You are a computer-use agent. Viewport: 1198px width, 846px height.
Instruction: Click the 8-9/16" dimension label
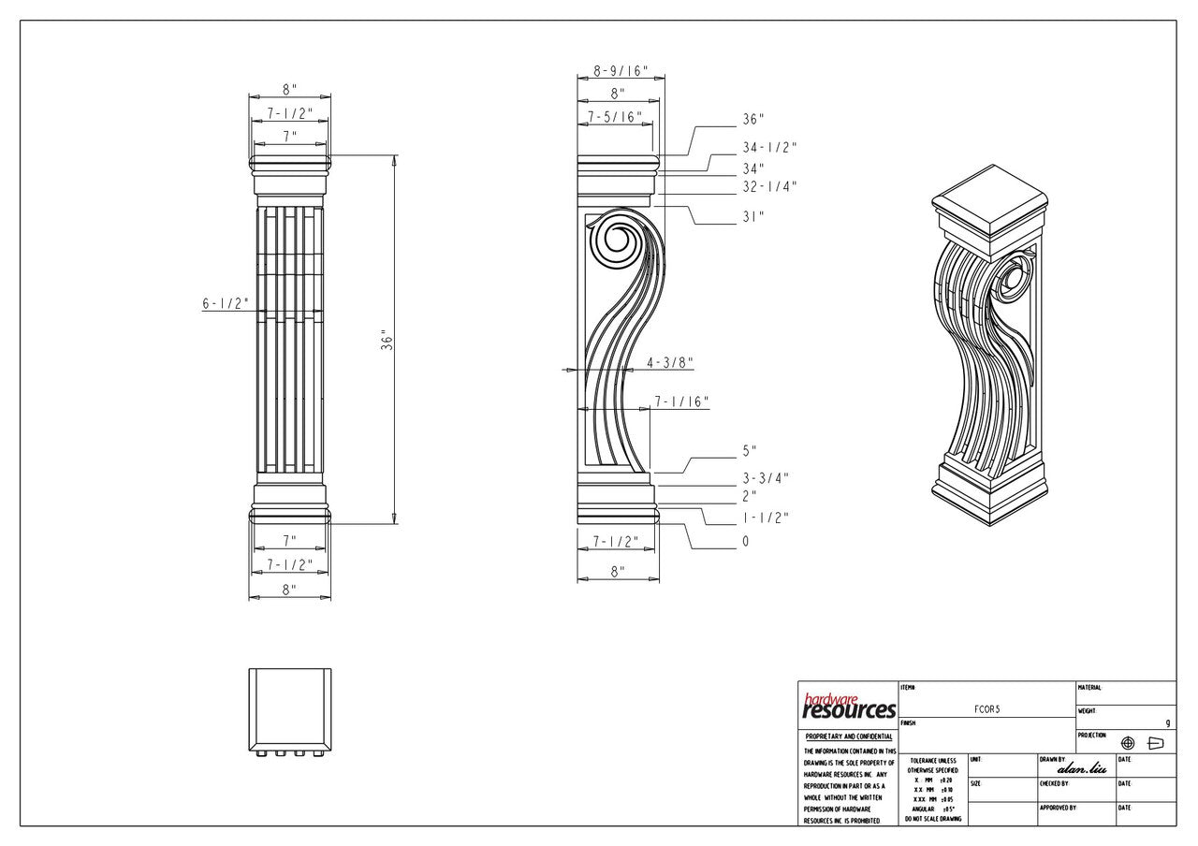pos(621,71)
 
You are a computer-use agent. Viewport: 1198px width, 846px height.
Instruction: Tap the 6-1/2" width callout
pos(225,303)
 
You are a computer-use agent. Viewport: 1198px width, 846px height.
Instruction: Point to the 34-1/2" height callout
pos(769,147)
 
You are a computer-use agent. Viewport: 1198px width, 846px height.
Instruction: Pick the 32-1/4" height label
pos(769,186)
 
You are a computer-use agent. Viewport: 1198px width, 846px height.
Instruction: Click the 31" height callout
pos(753,216)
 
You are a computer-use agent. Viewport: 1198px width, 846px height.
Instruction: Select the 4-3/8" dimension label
pos(669,362)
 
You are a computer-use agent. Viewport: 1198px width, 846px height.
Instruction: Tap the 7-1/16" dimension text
pos(681,401)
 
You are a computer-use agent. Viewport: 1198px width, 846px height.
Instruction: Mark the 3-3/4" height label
pos(766,478)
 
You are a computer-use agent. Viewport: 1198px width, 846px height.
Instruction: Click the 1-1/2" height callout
pos(766,518)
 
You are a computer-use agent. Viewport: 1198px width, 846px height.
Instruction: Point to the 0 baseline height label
pos(746,541)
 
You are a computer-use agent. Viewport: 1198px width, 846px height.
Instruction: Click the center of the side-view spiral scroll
pos(617,242)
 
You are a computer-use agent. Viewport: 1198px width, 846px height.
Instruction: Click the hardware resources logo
pos(849,707)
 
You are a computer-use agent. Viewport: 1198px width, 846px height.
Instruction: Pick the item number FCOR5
pos(986,710)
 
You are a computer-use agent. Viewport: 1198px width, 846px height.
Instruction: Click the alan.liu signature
pos(1081,768)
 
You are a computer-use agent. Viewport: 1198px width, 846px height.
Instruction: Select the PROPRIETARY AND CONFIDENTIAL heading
pos(849,737)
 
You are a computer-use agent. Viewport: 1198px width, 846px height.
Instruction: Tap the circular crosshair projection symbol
pos(1128,743)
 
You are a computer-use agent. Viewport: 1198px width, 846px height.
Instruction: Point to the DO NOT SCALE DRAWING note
pos(932,819)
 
